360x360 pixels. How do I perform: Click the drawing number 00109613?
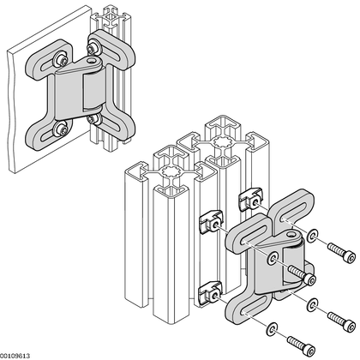coord(15,356)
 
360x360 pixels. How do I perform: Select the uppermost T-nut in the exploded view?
coord(251,199)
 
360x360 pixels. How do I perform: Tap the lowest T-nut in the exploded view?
coord(211,293)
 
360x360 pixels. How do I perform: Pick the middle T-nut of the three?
coord(211,222)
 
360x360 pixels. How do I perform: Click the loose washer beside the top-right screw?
coord(312,235)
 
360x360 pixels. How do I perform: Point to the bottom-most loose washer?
coord(272,329)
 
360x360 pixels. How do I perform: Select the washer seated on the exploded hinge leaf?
coord(272,258)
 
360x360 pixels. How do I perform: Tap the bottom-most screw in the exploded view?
coord(301,346)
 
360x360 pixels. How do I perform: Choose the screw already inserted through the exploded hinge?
coord(303,275)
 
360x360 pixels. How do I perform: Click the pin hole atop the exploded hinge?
coord(291,235)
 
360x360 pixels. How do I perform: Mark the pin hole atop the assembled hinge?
coord(92,61)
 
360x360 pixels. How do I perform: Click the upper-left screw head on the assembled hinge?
coord(62,59)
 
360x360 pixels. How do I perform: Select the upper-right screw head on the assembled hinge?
coord(93,49)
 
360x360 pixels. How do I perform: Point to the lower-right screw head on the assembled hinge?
coord(93,119)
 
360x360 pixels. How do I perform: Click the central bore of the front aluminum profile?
coord(171,172)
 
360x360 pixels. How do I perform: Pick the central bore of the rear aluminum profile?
coord(222,141)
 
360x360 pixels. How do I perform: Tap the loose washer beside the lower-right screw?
coord(312,305)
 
